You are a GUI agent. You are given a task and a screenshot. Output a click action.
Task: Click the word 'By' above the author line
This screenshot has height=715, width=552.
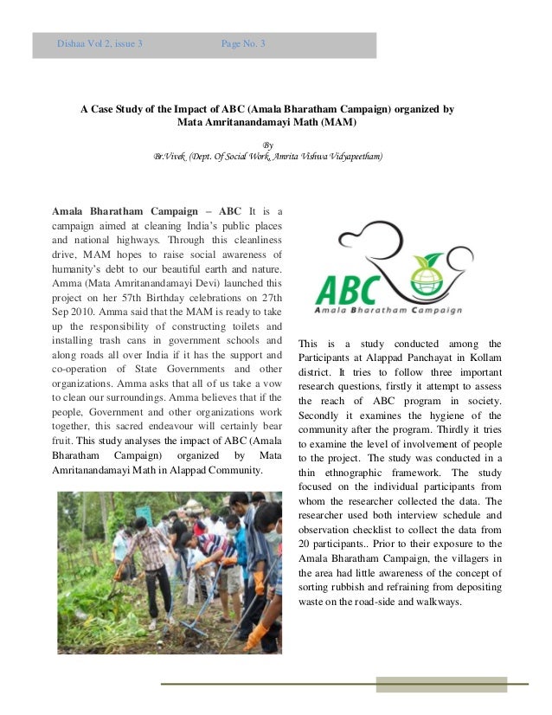[x=267, y=145]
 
